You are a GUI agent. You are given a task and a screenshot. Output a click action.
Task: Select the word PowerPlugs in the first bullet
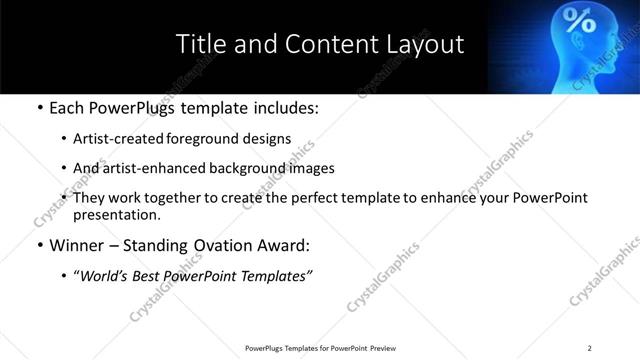(x=133, y=107)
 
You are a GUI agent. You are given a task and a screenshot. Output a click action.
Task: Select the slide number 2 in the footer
(x=589, y=348)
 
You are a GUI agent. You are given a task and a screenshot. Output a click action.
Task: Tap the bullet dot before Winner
(x=39, y=245)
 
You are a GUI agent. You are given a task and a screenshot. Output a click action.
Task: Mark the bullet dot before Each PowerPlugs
(x=39, y=107)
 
